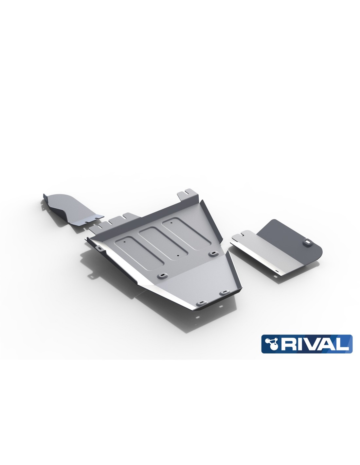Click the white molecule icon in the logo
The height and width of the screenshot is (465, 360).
pyautogui.click(x=271, y=343)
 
